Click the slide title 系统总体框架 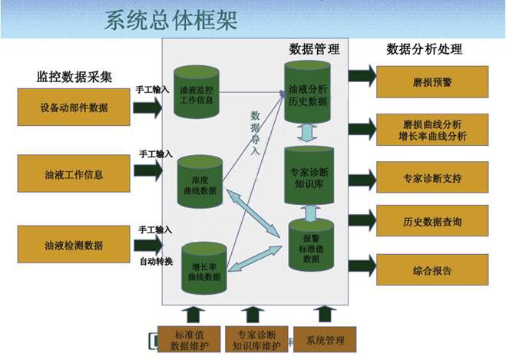click(x=170, y=19)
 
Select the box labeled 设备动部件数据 click(x=74, y=107)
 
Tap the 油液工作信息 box click(x=74, y=173)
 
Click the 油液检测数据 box click(x=74, y=245)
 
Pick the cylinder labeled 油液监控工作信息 click(x=196, y=92)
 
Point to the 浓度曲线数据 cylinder click(x=200, y=183)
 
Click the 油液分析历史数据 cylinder click(x=307, y=92)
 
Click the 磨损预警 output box click(x=433, y=81)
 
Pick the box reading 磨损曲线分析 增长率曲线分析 click(x=433, y=130)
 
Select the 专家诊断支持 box click(x=432, y=177)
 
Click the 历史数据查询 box click(x=432, y=221)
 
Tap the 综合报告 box click(x=432, y=270)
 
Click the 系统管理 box click(x=325, y=339)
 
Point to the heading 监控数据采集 click(x=74, y=77)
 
